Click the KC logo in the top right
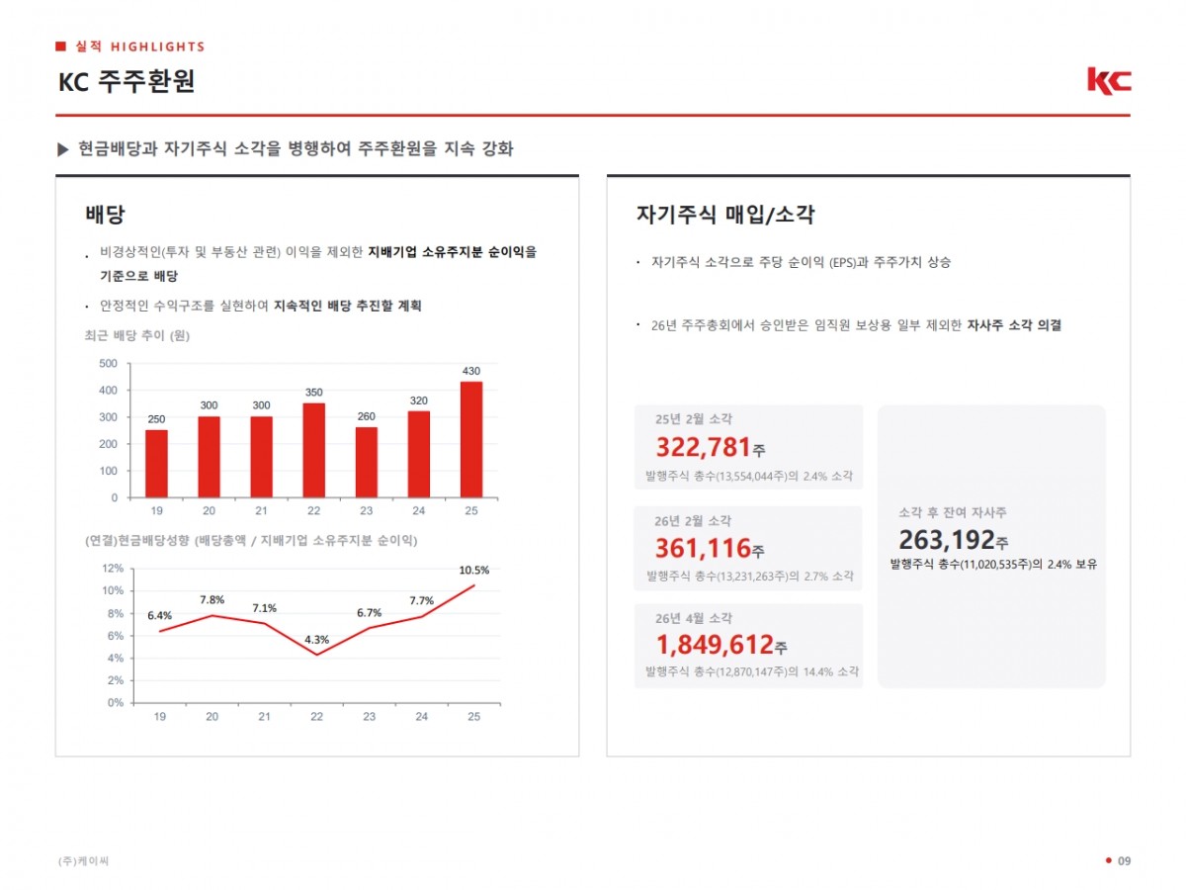click(x=1109, y=81)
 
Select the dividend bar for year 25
click(x=471, y=439)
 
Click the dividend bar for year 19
click(x=157, y=464)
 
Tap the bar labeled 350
click(x=314, y=450)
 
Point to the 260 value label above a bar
click(x=367, y=416)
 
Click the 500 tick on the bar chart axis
click(x=108, y=363)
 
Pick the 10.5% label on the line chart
click(x=473, y=571)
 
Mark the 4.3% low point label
click(x=316, y=640)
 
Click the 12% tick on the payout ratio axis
click(x=113, y=569)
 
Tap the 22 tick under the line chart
click(x=316, y=717)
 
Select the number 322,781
click(x=704, y=447)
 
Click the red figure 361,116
click(x=703, y=548)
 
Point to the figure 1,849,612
click(x=715, y=644)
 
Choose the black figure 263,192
click(x=947, y=539)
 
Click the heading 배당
click(x=105, y=215)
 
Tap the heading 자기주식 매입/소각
click(x=725, y=215)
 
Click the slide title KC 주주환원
click(x=127, y=82)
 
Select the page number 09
click(x=1124, y=860)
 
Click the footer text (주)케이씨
click(x=83, y=860)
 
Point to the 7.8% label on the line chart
click(x=212, y=600)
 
